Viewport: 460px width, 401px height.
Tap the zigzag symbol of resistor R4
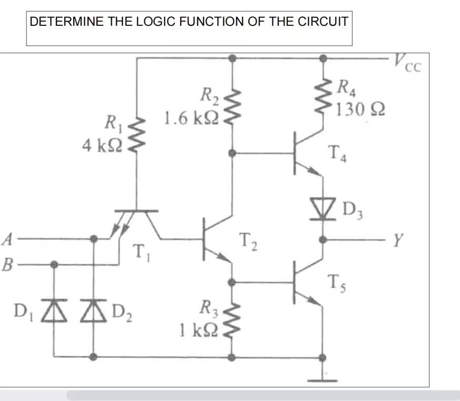tap(322, 93)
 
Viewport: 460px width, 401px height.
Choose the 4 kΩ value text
tap(102, 146)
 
